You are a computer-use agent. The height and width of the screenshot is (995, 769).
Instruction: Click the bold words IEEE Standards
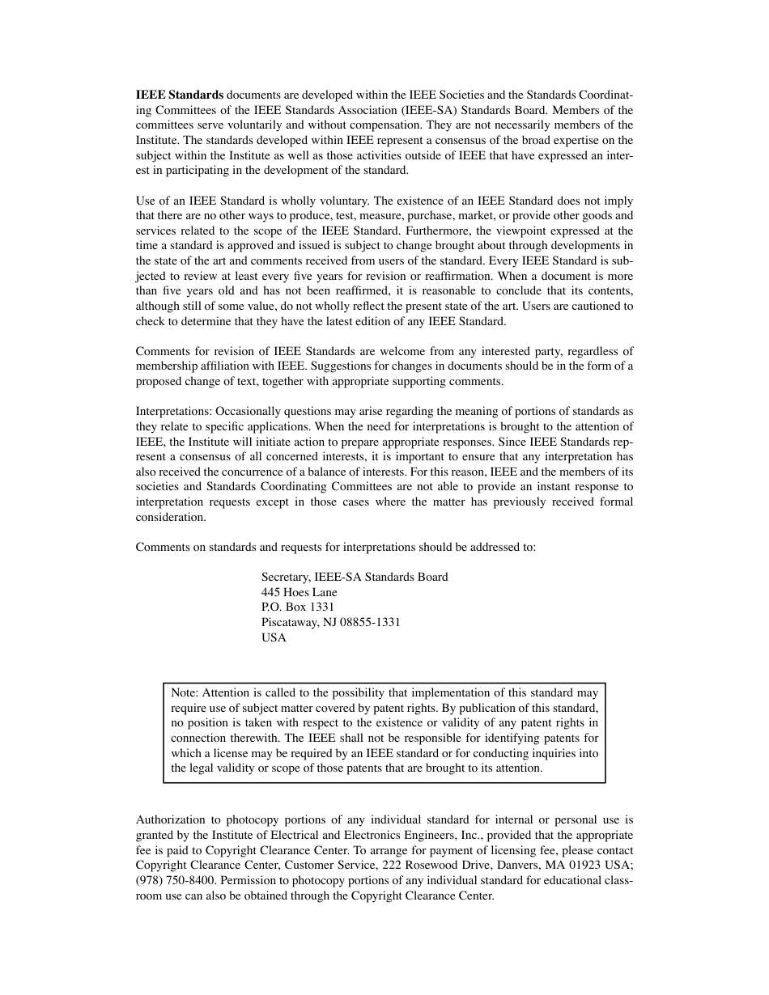pyautogui.click(x=180, y=95)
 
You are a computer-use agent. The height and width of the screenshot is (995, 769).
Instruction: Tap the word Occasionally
pyautogui.click(x=248, y=411)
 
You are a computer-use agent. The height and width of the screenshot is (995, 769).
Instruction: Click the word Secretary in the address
pyautogui.click(x=286, y=577)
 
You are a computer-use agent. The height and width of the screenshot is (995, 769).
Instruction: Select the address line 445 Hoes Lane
pyautogui.click(x=300, y=592)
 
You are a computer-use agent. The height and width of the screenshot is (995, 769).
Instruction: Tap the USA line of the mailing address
pyautogui.click(x=274, y=637)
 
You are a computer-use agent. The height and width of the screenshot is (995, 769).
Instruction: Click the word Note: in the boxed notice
pyautogui.click(x=185, y=692)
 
